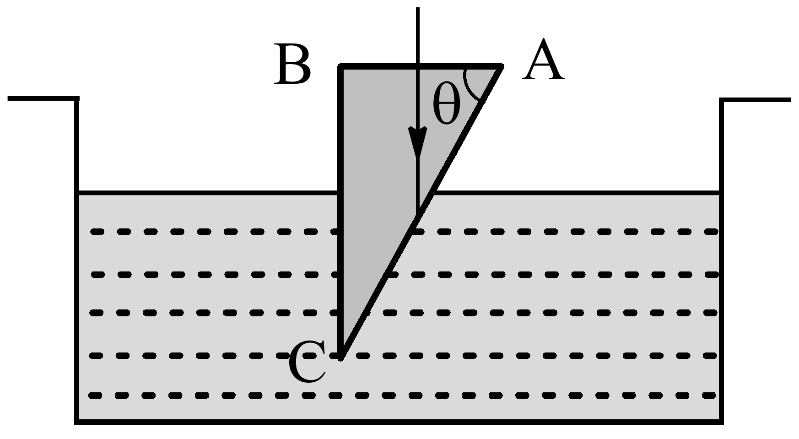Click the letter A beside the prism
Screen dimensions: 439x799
click(x=543, y=60)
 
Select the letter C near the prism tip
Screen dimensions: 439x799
click(x=307, y=363)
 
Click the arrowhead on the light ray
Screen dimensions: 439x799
click(x=417, y=140)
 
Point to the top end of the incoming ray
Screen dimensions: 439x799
click(x=417, y=8)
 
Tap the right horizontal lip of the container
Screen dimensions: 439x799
click(x=755, y=99)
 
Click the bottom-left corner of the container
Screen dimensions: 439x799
click(x=77, y=422)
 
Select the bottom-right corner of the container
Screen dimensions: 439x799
click(x=721, y=422)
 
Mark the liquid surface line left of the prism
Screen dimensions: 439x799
click(x=206, y=193)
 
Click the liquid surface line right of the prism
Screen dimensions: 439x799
click(x=572, y=193)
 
